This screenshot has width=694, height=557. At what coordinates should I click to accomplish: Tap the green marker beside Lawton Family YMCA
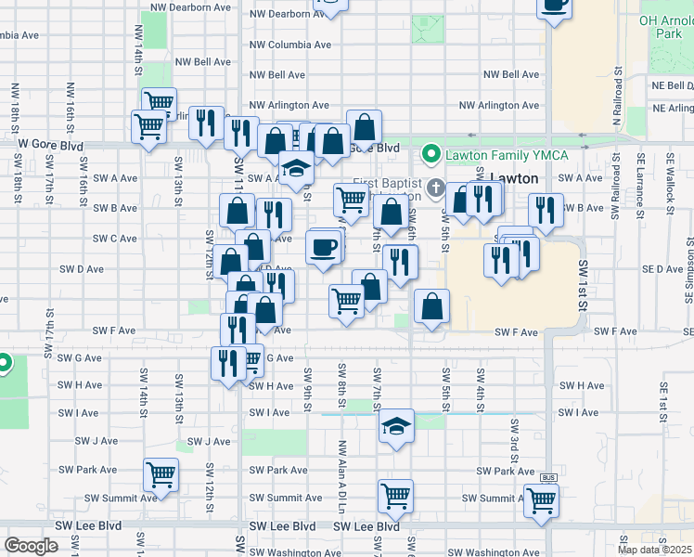[431, 152]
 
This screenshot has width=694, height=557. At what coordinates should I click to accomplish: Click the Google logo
[31, 546]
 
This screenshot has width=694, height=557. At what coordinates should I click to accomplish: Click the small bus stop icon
[546, 476]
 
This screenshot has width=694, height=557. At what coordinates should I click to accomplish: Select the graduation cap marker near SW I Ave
[396, 426]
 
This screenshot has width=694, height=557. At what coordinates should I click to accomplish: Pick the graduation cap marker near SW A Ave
[295, 168]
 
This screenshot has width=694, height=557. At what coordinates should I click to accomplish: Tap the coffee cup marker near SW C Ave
[322, 248]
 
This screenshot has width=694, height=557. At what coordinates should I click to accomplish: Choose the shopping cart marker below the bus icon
[541, 499]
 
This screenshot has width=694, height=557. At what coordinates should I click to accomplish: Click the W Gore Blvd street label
[50, 146]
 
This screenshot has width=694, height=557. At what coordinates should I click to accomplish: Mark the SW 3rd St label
[513, 437]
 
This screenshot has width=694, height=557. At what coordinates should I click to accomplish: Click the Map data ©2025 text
[653, 550]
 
